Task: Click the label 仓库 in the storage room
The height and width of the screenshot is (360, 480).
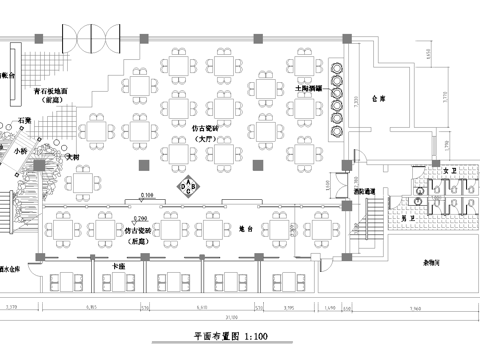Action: coord(377,100)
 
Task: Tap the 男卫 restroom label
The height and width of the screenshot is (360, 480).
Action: coord(395,217)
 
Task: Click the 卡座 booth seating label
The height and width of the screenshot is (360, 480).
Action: coord(119,266)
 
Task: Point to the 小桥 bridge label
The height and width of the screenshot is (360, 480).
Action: coord(21,150)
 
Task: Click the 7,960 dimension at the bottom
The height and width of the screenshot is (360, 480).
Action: coord(418,307)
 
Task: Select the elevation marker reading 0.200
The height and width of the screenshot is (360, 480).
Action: coord(139,217)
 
